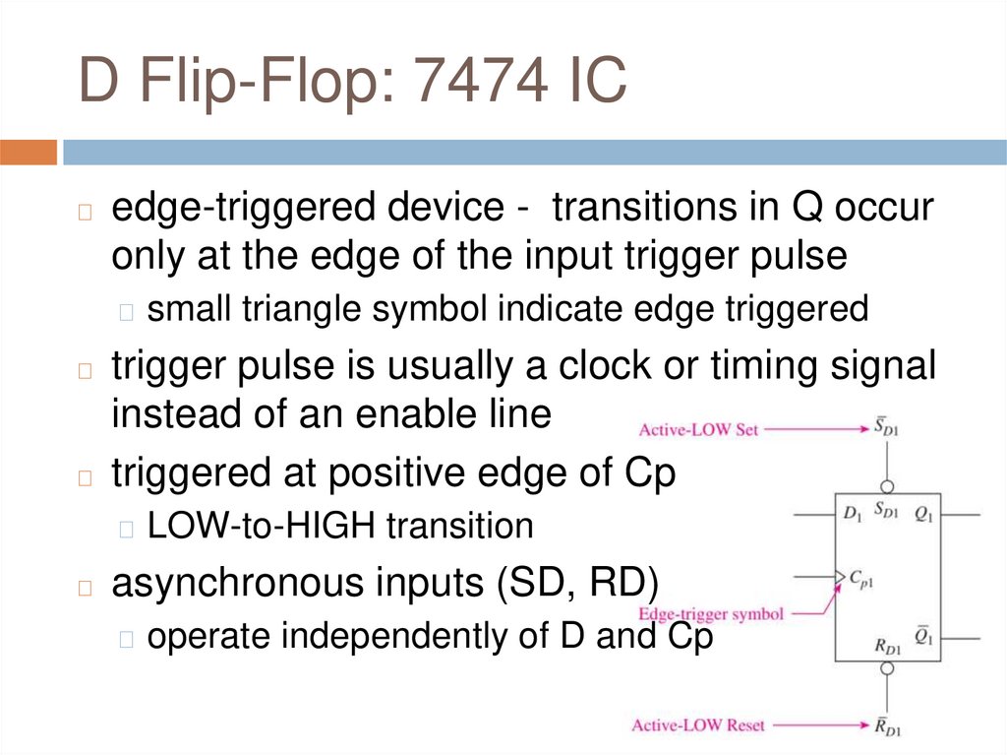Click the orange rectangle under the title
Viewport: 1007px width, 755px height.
pyautogui.click(x=29, y=153)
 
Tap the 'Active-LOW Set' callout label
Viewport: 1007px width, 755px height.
pyautogui.click(x=699, y=430)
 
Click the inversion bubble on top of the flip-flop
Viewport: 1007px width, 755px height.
pyautogui.click(x=887, y=485)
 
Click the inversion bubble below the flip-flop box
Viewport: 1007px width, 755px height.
pyautogui.click(x=887, y=668)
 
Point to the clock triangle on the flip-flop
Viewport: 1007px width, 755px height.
pyautogui.click(x=840, y=575)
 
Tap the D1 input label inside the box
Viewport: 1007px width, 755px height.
pyautogui.click(x=852, y=513)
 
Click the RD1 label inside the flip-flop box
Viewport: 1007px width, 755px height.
pyautogui.click(x=887, y=648)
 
